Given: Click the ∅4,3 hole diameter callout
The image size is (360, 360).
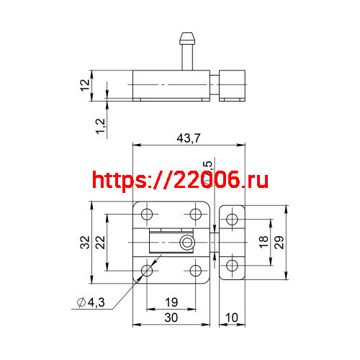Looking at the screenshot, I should (x=91, y=302).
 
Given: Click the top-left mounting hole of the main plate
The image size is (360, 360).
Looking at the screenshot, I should (x=148, y=215).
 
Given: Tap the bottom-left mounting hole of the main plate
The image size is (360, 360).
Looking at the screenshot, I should (x=148, y=271).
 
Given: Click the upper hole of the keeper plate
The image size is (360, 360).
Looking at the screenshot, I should (x=232, y=220).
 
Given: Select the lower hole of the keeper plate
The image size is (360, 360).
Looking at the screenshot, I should (x=232, y=266).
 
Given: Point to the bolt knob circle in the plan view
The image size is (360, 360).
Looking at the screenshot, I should (x=187, y=242).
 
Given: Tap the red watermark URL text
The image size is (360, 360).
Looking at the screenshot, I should (x=181, y=180).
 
